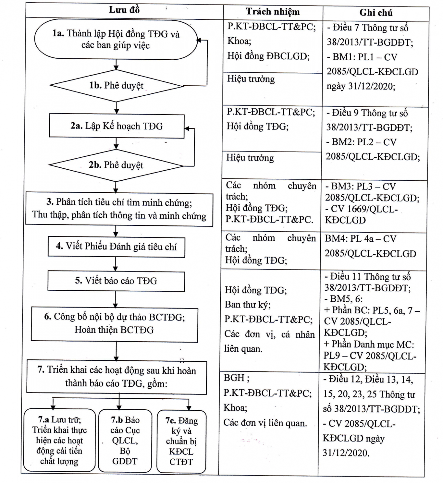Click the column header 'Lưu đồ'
pyautogui.click(x=124, y=10)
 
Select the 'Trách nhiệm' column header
pyautogui.click(x=273, y=12)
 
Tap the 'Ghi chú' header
pyautogui.click(x=376, y=13)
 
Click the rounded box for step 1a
pyautogui.click(x=116, y=39)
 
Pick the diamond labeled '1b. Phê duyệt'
pyautogui.click(x=116, y=86)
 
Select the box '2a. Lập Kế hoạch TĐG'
pyautogui.click(x=116, y=126)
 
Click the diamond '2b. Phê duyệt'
pyautogui.click(x=116, y=165)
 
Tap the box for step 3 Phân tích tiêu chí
pyautogui.click(x=119, y=209)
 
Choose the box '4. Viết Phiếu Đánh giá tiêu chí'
pyautogui.click(x=116, y=247)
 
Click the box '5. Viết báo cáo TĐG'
pyautogui.click(x=116, y=281)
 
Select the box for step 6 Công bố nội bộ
pyautogui.click(x=114, y=324)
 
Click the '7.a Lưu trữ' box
pyautogui.click(x=59, y=440)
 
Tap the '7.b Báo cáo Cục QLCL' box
pyautogui.click(x=125, y=440)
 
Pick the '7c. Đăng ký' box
pyautogui.click(x=181, y=441)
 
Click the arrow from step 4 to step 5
pyautogui.click(x=115, y=264)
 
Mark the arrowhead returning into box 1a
pyautogui.click(x=199, y=40)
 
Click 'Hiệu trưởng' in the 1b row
pyautogui.click(x=251, y=79)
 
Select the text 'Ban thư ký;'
pyautogui.click(x=248, y=305)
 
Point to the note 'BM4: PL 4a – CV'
pyautogui.click(x=360, y=239)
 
